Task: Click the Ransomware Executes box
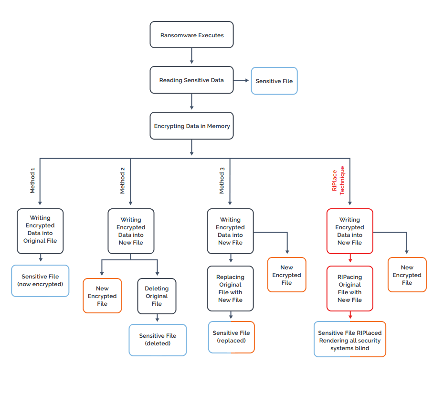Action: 192,34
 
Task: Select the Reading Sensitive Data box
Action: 192,80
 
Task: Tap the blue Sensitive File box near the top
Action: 274,81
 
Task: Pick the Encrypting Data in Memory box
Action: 192,126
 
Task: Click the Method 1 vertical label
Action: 32,181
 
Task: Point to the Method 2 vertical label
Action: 122,181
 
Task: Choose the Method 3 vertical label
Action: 222,181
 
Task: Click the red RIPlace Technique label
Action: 338,181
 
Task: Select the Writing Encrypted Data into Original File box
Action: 40,231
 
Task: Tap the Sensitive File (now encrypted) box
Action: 40,281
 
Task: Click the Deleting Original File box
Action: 157,296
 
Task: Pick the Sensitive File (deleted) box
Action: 158,340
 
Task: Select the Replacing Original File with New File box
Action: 230,289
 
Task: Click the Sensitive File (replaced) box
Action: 232,337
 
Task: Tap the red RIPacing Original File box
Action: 349,289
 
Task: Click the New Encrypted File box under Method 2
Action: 102,296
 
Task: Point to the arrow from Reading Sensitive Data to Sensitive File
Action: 241,80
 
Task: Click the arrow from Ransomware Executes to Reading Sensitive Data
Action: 192,56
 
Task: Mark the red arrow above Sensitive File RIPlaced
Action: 350,315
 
